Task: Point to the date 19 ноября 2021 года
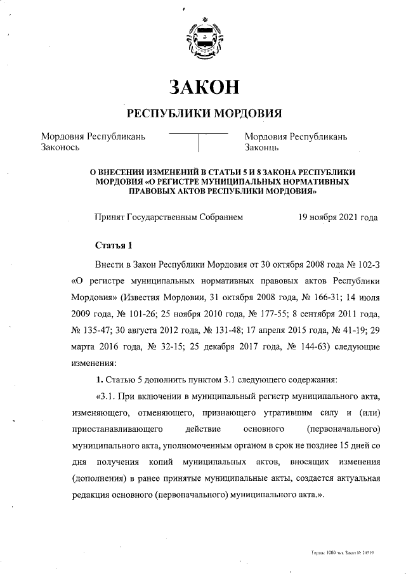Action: pos(337,217)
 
